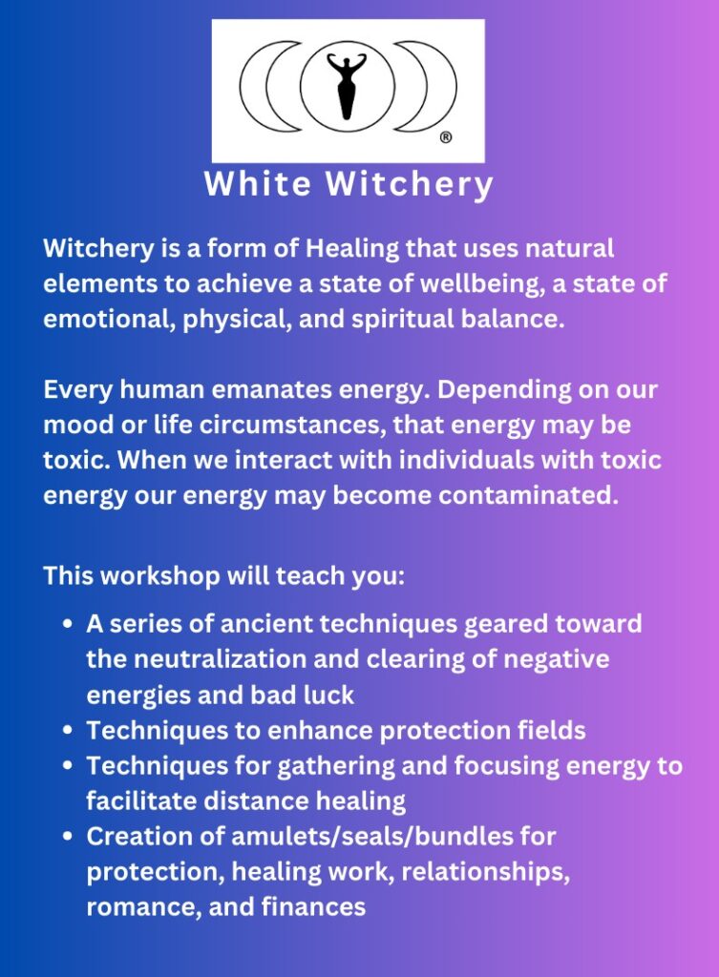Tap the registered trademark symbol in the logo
point(446,137)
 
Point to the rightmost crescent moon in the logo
point(427,86)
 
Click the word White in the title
point(258,184)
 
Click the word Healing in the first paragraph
point(352,249)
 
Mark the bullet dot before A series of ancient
point(69,624)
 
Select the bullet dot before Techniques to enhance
point(69,730)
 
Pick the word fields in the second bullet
point(551,730)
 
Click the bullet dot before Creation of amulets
point(69,837)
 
